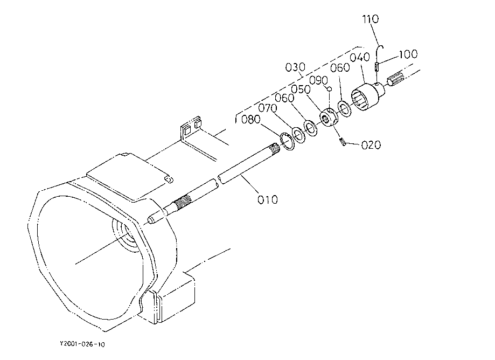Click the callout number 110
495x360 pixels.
coord(370,19)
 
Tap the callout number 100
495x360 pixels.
coord(408,54)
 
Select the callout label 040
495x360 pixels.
coord(360,58)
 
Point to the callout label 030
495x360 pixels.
coord(295,67)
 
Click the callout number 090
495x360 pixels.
coord(318,80)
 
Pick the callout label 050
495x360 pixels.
coord(301,89)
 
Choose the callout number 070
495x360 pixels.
coord(267,108)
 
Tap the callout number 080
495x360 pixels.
coord(250,120)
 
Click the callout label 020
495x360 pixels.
coord(371,146)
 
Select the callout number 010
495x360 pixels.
coord(268,200)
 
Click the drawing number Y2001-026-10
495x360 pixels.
coord(82,344)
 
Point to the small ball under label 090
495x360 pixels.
coord(329,89)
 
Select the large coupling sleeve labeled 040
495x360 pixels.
coord(368,96)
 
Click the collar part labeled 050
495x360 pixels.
coord(329,117)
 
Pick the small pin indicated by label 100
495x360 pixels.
coord(377,67)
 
